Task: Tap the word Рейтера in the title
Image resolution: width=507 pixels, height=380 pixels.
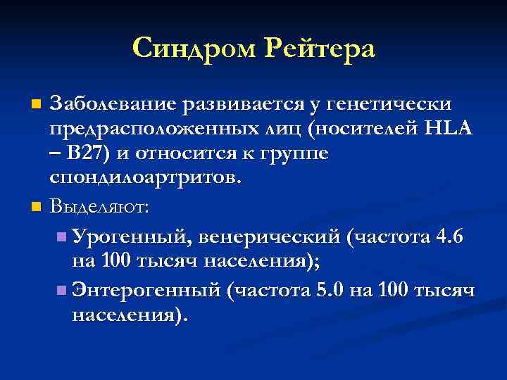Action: (320, 49)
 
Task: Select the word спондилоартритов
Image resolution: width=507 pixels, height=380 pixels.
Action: (144, 177)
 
